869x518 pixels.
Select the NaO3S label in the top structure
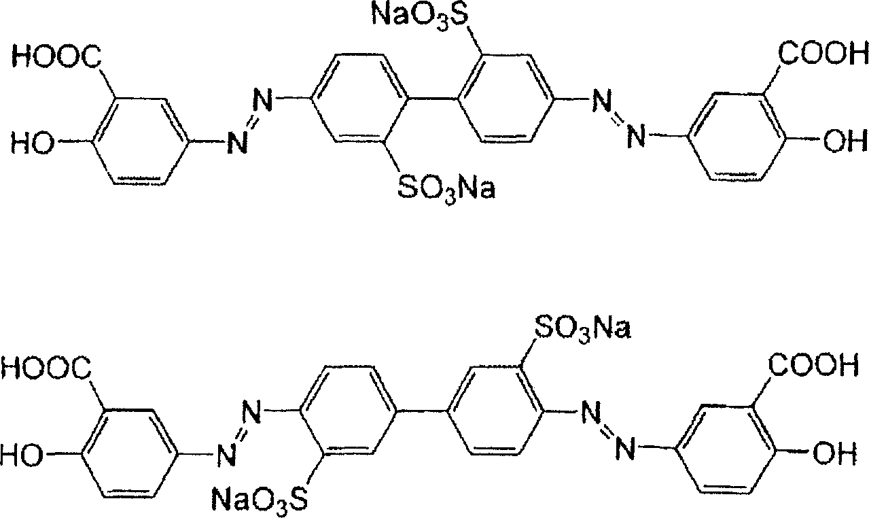[420, 14]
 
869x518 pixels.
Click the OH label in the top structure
[846, 141]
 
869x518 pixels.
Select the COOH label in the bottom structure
[813, 365]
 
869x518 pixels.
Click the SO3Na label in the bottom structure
[583, 328]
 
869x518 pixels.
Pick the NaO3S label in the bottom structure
[260, 500]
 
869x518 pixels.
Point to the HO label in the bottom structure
[22, 454]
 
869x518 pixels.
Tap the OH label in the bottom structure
[835, 453]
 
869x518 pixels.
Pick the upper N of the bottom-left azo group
[251, 412]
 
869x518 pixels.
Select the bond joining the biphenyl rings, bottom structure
[422, 411]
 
